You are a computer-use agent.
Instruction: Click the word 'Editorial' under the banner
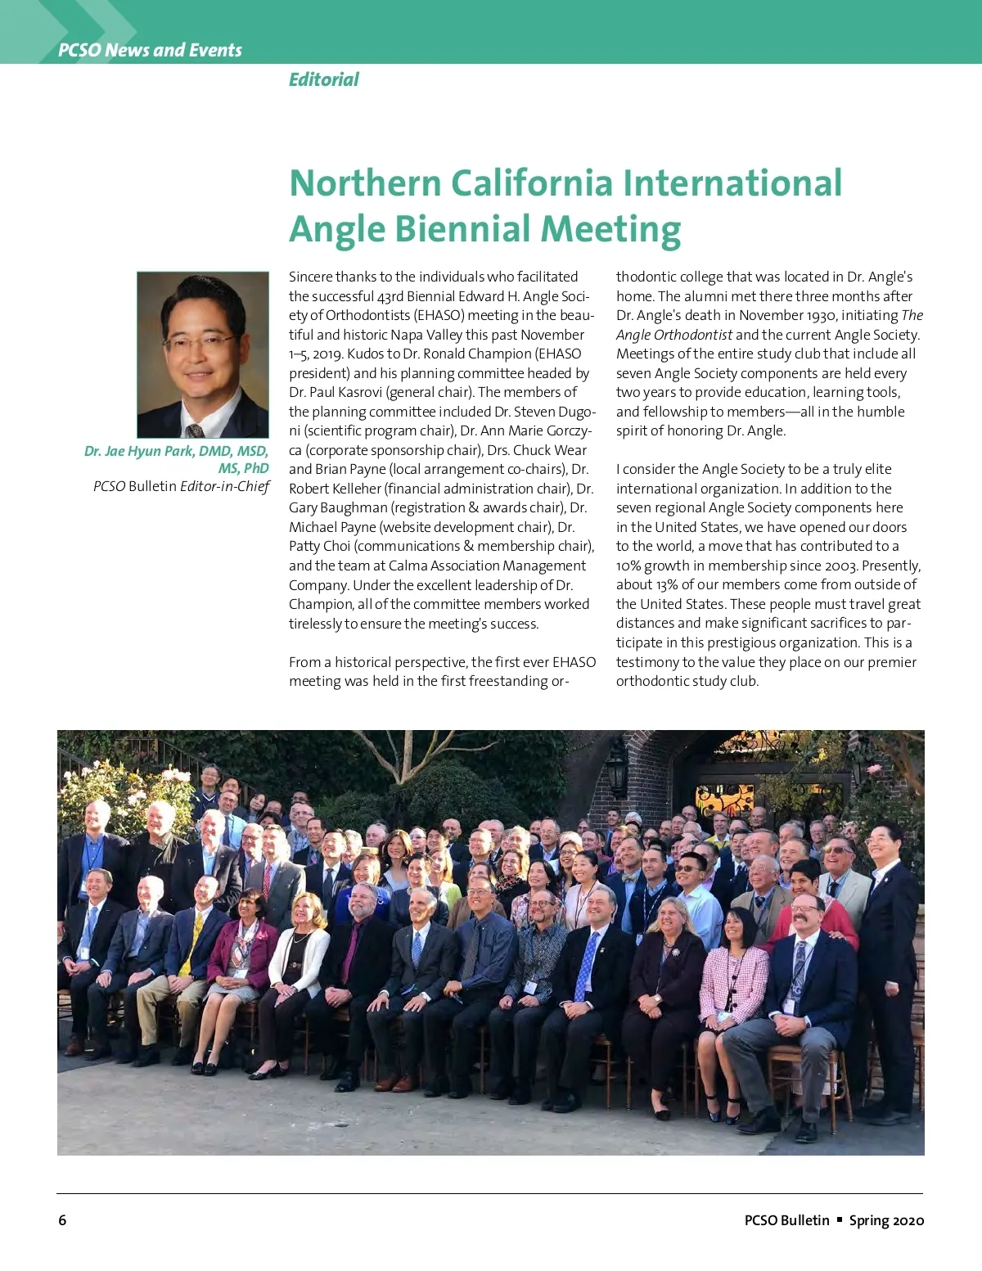[x=323, y=79]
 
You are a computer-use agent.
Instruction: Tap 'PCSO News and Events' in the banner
[x=150, y=50]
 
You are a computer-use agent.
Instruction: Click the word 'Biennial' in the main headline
[x=462, y=229]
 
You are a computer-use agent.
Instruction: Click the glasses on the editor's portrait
[x=199, y=340]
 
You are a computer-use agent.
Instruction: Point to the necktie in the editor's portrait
[x=195, y=430]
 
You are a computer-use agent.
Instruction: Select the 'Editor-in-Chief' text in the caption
[x=224, y=486]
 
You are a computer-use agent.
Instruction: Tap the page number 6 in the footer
[x=62, y=1220]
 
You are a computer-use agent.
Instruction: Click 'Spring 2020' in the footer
[x=886, y=1220]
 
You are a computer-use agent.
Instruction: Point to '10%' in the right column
[x=631, y=566]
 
